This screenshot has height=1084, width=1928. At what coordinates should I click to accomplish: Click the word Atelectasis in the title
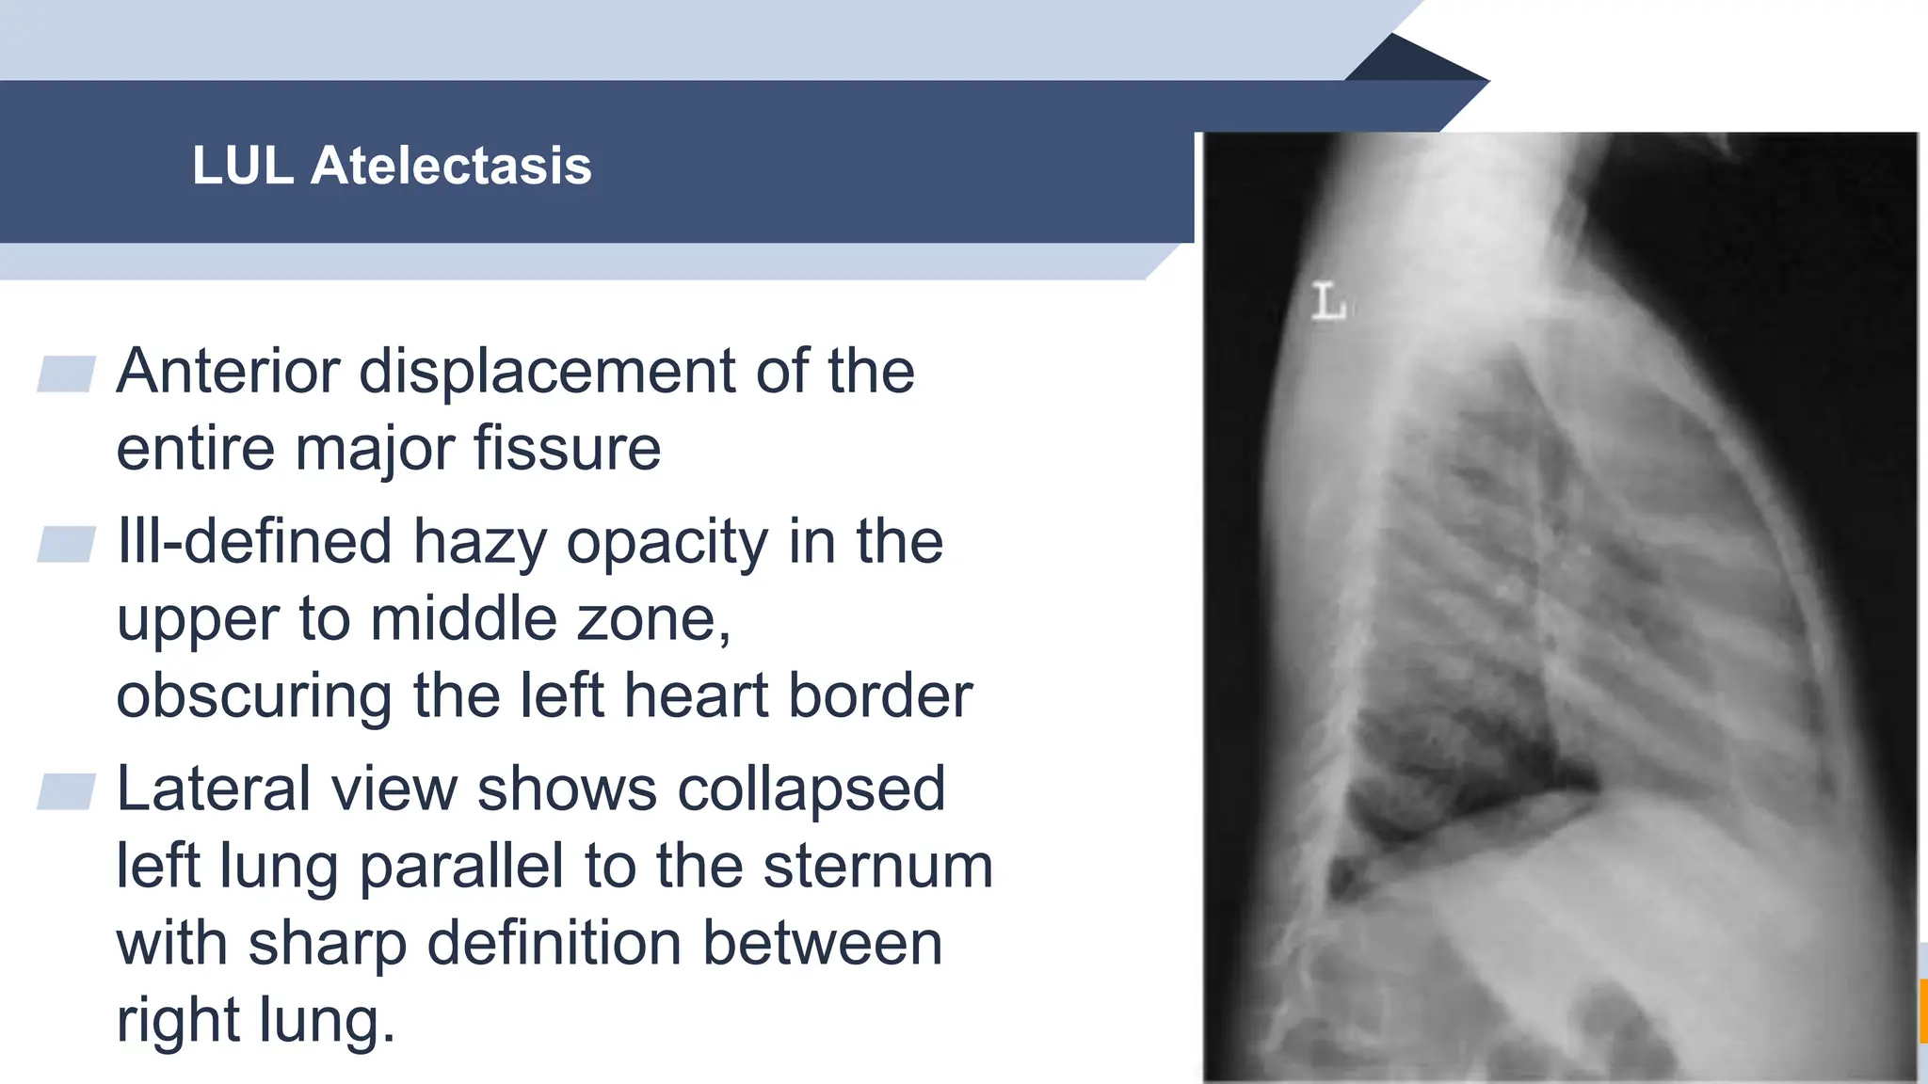(x=451, y=166)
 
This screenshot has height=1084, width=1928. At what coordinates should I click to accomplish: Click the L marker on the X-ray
(x=1328, y=302)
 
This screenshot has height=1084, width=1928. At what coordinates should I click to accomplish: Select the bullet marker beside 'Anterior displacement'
(x=66, y=374)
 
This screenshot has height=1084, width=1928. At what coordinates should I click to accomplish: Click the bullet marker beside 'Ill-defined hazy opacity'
(x=66, y=544)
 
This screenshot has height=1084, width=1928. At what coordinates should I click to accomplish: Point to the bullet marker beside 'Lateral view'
(x=66, y=791)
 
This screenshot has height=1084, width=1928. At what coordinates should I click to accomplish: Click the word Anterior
(x=227, y=371)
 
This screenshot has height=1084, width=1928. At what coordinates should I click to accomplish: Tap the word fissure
(x=567, y=448)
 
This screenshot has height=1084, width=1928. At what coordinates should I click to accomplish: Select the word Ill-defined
(x=254, y=542)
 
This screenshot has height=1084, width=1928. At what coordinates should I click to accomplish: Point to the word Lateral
(x=214, y=789)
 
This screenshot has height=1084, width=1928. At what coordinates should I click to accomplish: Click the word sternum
(x=878, y=866)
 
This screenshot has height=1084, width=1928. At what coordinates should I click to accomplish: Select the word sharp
(x=327, y=944)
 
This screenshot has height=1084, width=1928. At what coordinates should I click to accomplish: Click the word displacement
(x=547, y=371)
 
